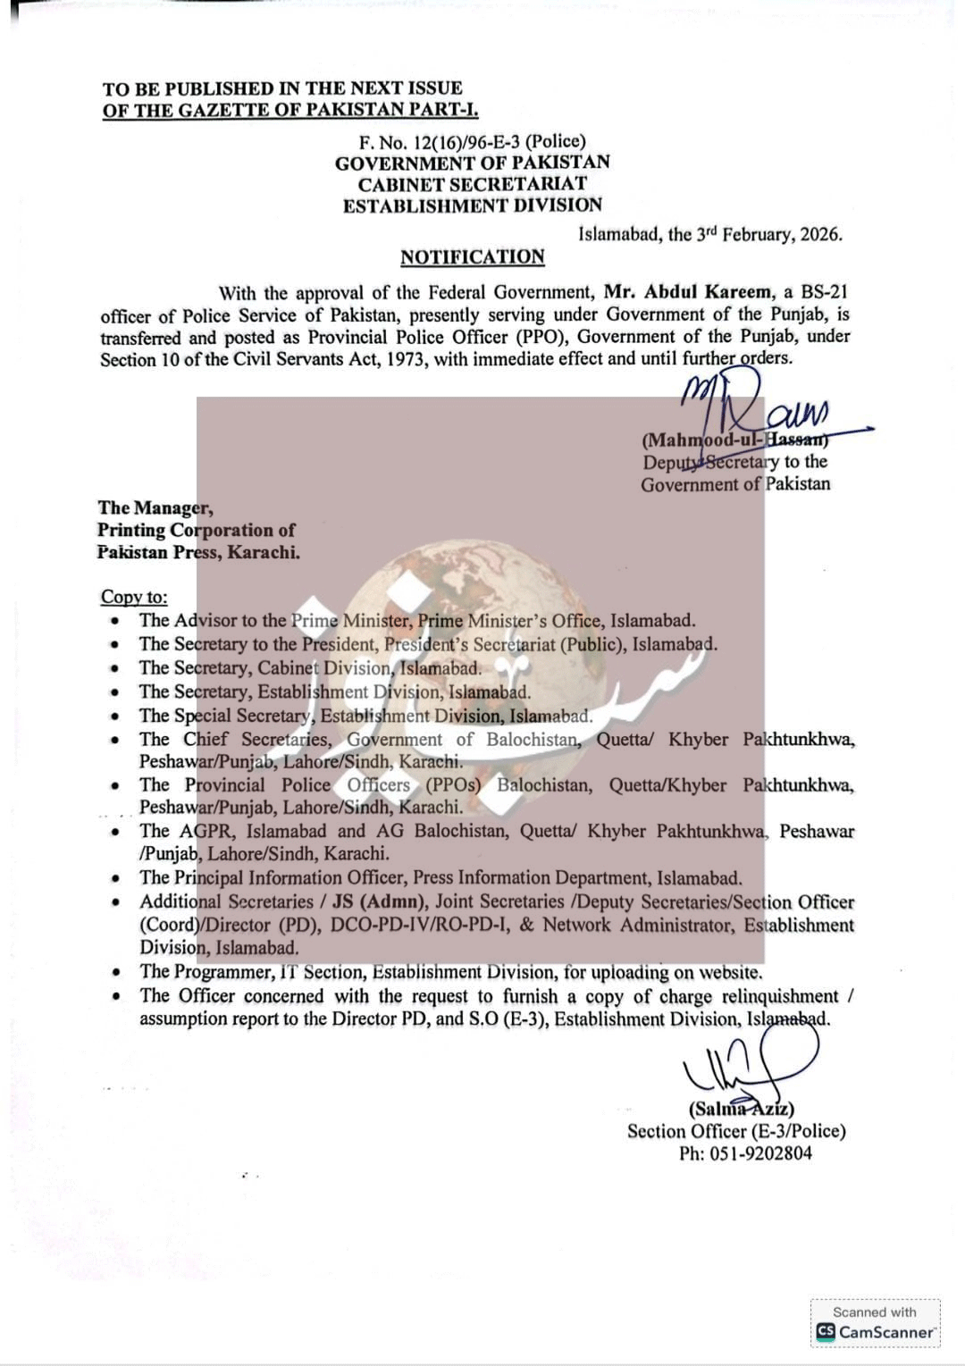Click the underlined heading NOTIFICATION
tap(472, 257)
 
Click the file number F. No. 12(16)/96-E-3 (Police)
tap(472, 141)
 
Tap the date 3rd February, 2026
tap(768, 235)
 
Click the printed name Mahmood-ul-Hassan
tap(734, 440)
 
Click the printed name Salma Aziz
tap(741, 1109)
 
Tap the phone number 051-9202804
tap(760, 1153)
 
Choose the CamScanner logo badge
tap(875, 1323)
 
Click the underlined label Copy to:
tap(134, 597)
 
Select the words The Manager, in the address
tap(155, 508)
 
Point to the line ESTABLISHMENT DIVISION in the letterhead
tap(472, 205)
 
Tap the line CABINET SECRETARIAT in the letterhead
tap(472, 184)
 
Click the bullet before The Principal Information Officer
tap(116, 879)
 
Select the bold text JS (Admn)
tap(391, 902)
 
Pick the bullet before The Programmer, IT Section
tap(116, 973)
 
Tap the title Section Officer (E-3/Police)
tap(736, 1131)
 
